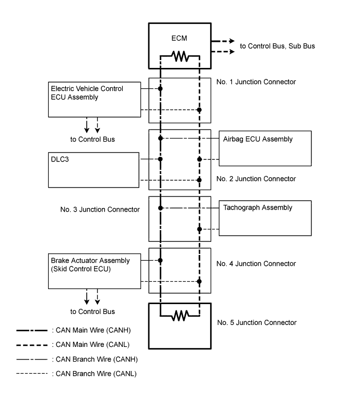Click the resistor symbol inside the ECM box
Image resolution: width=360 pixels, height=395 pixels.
[x=180, y=56]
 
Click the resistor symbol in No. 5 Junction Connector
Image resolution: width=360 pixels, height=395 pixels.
[x=180, y=315]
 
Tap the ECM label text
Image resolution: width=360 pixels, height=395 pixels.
[x=180, y=39]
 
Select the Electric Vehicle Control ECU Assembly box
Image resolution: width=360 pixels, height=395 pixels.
[x=95, y=99]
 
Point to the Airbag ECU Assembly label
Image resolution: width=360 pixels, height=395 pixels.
[x=254, y=139]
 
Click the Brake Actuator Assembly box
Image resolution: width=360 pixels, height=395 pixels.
[x=95, y=271]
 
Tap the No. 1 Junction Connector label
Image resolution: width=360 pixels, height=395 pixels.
[x=256, y=82]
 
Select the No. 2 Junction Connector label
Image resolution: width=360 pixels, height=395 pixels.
[x=256, y=179]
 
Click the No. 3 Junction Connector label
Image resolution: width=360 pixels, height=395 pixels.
[x=100, y=210]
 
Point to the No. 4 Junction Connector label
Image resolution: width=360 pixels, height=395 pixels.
[x=256, y=264]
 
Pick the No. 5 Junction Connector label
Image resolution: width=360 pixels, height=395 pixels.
[x=256, y=322]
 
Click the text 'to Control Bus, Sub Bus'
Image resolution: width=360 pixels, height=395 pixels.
[x=277, y=47]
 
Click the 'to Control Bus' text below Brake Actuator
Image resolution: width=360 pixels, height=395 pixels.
[x=92, y=312]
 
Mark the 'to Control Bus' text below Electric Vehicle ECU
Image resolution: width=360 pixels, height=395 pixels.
[x=92, y=140]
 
